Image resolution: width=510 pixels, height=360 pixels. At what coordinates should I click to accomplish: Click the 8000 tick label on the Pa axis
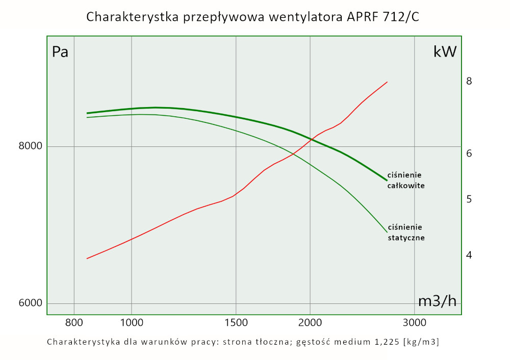click(30, 147)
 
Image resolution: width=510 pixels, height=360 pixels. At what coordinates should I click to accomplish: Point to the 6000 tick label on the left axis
click(30, 303)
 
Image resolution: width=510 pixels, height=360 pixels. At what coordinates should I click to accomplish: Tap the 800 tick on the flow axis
click(74, 322)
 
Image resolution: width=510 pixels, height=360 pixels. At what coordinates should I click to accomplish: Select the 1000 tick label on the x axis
click(132, 322)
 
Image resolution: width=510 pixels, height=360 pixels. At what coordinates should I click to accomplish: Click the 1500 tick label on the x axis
click(236, 322)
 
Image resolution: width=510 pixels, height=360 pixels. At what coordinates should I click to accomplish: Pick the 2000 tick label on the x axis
click(311, 322)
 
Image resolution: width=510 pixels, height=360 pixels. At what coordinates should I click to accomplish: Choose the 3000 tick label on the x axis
click(414, 322)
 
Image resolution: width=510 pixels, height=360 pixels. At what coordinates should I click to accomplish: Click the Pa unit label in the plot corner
click(60, 52)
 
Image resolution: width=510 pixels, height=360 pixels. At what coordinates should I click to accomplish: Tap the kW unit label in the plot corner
click(445, 52)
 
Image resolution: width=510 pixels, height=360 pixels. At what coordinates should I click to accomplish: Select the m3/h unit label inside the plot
click(437, 301)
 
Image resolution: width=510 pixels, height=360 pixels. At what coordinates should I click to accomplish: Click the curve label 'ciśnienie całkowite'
click(406, 181)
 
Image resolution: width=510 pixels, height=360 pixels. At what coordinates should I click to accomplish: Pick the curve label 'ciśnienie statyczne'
click(406, 232)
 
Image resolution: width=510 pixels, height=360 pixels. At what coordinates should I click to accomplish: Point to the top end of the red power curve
click(388, 82)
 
